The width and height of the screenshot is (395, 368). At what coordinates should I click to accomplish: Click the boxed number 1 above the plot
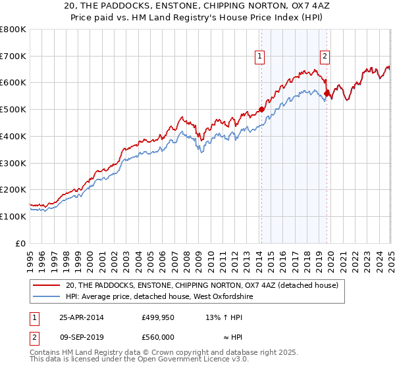tap(261, 57)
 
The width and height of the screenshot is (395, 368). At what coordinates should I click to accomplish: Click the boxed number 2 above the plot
tap(325, 57)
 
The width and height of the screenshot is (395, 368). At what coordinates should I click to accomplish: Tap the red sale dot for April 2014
tap(261, 110)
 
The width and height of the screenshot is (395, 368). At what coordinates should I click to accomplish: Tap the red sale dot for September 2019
tap(327, 93)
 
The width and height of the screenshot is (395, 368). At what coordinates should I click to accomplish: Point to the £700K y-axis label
tap(13, 57)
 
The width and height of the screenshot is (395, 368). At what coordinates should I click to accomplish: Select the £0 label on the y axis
tap(21, 243)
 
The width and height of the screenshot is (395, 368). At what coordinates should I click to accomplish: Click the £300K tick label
tap(13, 163)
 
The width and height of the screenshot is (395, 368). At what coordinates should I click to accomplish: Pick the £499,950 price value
tap(158, 317)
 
